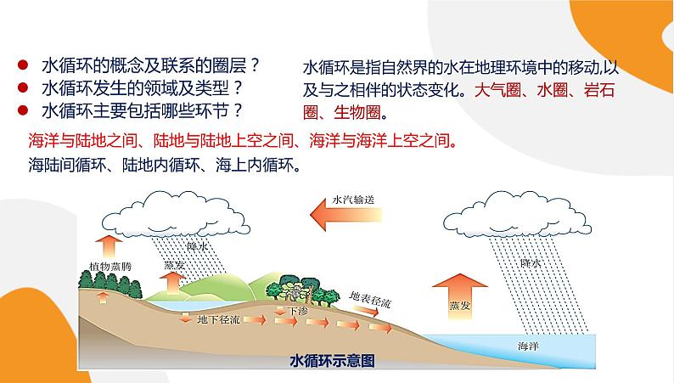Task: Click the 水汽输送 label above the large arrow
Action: [355, 199]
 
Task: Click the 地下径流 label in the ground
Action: [214, 321]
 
